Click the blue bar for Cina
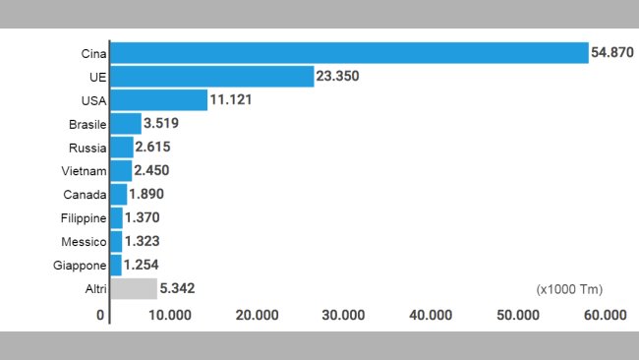349,53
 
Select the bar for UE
212,77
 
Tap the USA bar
159,100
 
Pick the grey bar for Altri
134,288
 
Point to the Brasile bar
126,124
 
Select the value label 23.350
339,77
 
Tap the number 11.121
233,100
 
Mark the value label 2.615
156,148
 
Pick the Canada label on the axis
84,195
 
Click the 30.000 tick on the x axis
343,315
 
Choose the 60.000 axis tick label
605,315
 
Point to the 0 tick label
100,315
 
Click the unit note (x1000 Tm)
569,289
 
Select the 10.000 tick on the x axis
169,315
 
